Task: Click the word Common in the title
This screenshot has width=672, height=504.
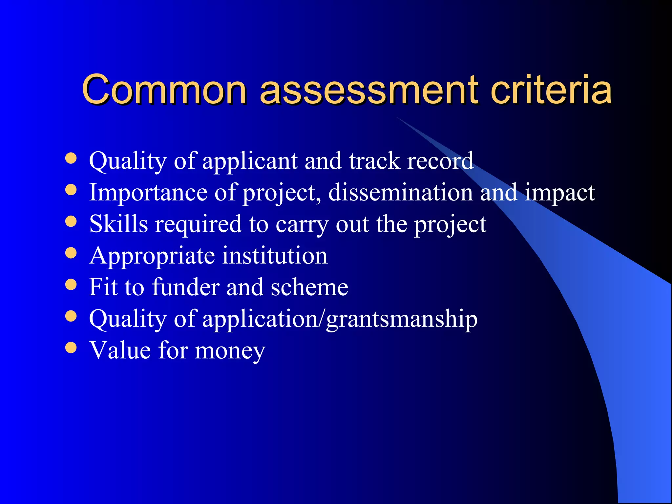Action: click(x=164, y=89)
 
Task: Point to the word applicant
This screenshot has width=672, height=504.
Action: click(x=250, y=161)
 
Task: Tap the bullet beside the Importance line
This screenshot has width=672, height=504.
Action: click(x=71, y=190)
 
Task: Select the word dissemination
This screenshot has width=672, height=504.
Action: click(x=400, y=192)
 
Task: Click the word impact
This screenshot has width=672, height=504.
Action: click(x=560, y=193)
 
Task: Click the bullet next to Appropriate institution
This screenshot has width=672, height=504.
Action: click(x=71, y=253)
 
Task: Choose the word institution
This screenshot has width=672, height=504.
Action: click(x=275, y=255)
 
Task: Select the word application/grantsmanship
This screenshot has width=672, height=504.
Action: click(x=340, y=319)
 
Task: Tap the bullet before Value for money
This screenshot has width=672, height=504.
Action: click(x=71, y=348)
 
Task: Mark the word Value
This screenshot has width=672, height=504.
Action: click(x=120, y=350)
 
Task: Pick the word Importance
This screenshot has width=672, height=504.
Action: click(x=148, y=192)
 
